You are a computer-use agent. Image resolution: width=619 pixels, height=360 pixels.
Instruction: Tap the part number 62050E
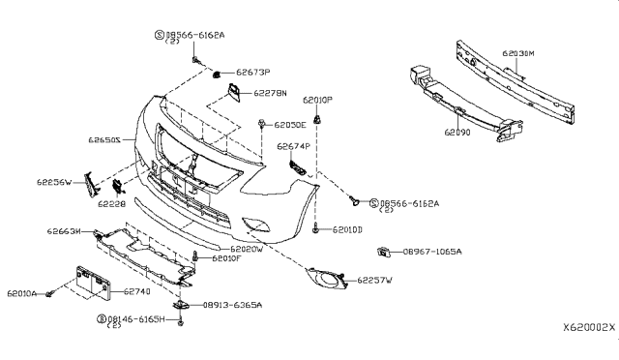click(x=289, y=125)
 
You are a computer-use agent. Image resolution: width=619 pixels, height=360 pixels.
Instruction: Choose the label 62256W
click(x=55, y=182)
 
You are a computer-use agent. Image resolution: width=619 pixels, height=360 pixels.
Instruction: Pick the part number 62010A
click(x=22, y=292)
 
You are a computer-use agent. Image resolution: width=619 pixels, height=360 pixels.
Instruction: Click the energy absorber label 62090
click(x=458, y=130)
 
